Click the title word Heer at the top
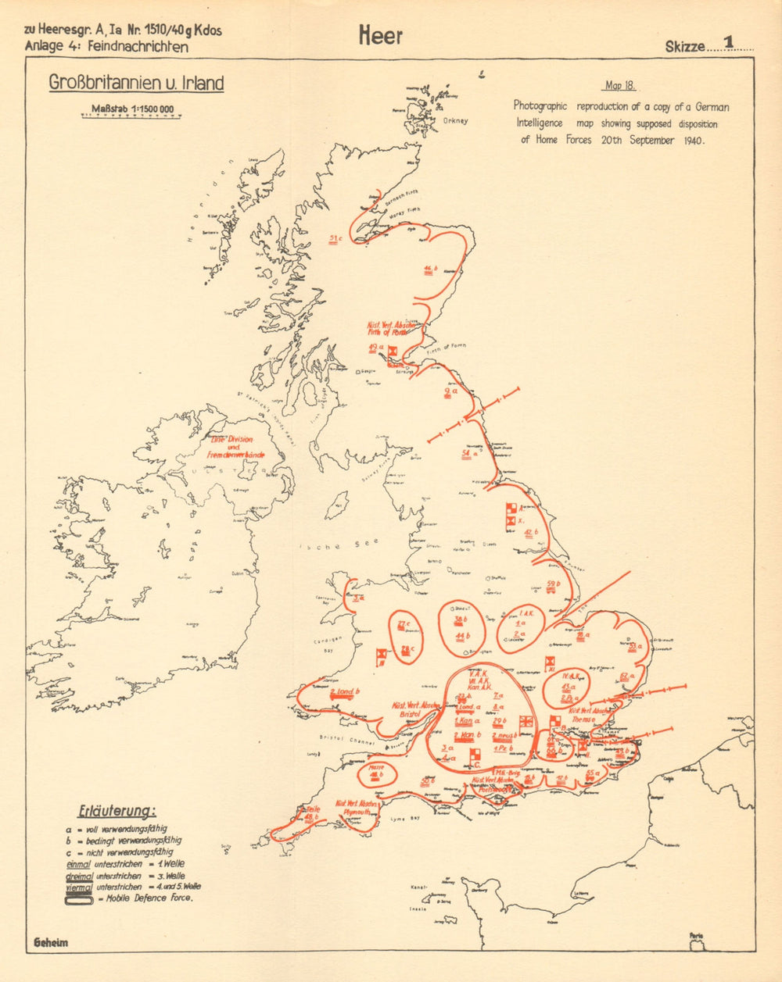point(381,36)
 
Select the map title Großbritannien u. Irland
point(136,83)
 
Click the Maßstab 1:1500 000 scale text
point(132,109)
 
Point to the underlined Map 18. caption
point(619,86)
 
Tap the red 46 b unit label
point(429,270)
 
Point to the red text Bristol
point(410,713)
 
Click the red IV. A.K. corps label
point(569,676)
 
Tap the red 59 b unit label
point(553,585)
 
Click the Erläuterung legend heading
point(117,811)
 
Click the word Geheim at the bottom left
point(51,942)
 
